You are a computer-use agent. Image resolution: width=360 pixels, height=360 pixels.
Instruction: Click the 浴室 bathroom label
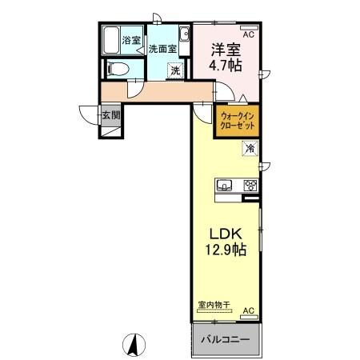(130, 40)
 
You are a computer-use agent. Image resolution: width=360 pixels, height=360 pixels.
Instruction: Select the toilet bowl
(115, 69)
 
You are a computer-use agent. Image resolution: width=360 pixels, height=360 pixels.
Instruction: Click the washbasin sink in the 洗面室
(184, 34)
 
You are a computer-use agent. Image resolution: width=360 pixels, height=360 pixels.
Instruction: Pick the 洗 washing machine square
(174, 70)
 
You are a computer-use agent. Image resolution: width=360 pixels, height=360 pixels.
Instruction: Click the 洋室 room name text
(226, 49)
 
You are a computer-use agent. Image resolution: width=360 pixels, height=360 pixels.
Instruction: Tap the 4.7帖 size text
(226, 66)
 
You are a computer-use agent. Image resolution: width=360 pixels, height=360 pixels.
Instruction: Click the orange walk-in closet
(238, 122)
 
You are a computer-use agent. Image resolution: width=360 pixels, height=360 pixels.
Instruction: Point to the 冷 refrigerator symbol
(250, 147)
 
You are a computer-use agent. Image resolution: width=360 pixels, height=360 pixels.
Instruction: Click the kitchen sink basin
(226, 186)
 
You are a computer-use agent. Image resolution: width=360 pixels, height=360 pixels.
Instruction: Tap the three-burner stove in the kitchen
(250, 186)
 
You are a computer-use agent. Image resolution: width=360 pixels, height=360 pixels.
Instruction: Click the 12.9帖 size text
(226, 250)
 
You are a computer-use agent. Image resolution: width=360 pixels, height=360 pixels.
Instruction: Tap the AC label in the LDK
(248, 310)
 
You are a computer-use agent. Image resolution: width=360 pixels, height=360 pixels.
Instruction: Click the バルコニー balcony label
(226, 338)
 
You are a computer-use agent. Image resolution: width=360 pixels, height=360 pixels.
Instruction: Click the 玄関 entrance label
(110, 115)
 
